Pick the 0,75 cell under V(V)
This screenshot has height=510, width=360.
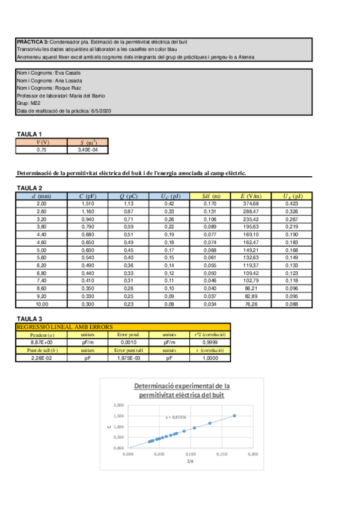pos(41,150)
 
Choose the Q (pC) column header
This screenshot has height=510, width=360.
pos(128,196)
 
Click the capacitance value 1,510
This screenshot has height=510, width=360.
pos(88,204)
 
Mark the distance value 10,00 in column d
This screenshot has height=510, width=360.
pos(41,306)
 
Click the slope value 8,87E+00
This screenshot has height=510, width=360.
pos(41,342)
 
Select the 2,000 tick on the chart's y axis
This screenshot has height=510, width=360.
pos(118,405)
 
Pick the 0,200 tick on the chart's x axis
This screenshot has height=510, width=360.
pos(252,455)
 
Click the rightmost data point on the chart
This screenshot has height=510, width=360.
pos(234,416)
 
